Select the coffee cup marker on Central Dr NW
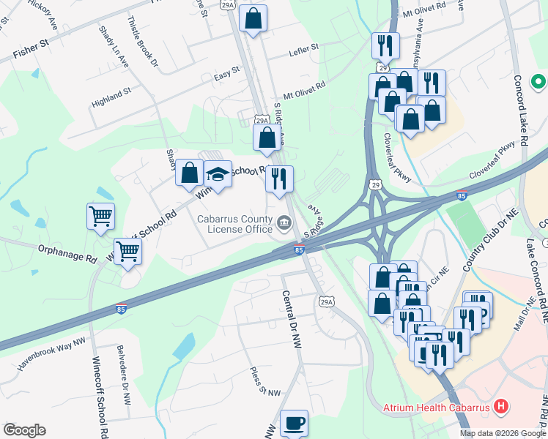(x=294, y=423)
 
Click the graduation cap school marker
(x=218, y=174)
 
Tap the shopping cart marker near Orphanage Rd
(x=127, y=251)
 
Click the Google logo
(x=24, y=429)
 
